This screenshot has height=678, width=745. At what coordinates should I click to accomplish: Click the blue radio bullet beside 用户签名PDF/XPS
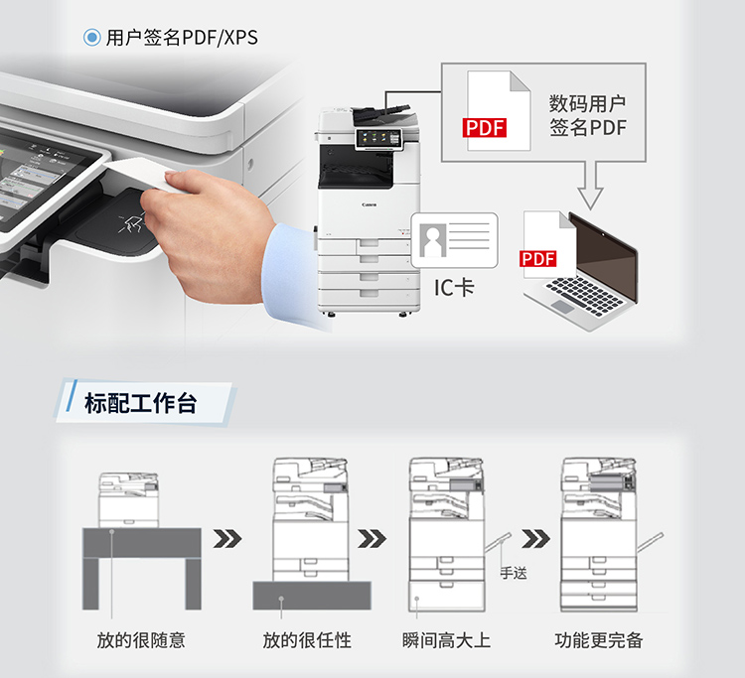coord(91,37)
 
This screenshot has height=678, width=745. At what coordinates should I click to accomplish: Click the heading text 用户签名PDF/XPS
coord(182,38)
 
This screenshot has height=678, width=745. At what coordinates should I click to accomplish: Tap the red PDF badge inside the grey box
coord(484,128)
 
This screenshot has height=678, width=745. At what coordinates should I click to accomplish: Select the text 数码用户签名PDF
coord(588,115)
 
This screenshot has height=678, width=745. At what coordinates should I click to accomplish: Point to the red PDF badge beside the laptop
coord(537,259)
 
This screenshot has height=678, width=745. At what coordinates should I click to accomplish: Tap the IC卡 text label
coord(454,287)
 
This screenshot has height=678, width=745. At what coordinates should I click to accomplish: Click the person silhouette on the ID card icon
coord(433,240)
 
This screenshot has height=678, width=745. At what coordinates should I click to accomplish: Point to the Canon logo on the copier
coord(370,205)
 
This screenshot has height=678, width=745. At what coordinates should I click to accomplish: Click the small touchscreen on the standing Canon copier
coord(377,138)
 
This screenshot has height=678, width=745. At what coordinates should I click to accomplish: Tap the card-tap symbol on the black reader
coord(131,222)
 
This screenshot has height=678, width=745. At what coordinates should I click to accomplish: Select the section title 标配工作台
coord(141,404)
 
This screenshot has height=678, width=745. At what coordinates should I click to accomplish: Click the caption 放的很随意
coord(141,640)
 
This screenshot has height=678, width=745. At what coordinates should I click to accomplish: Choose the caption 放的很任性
coord(307,640)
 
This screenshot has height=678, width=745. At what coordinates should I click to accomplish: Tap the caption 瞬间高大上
coord(446,640)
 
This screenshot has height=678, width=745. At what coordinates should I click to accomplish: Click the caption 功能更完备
coord(599,640)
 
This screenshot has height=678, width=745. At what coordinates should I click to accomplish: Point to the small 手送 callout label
coord(514,573)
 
